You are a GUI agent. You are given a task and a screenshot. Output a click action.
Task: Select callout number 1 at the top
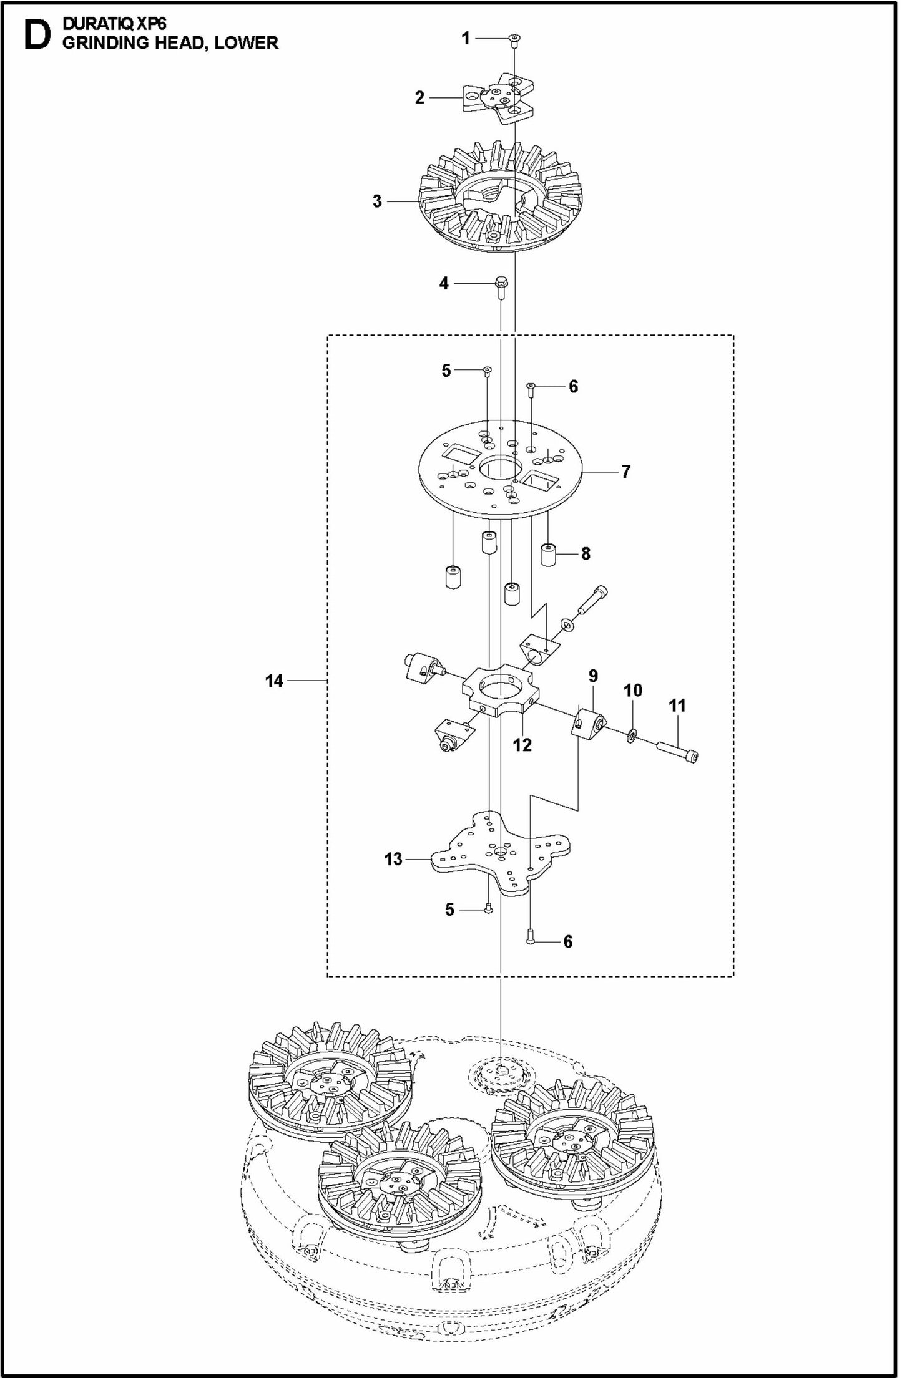tap(466, 39)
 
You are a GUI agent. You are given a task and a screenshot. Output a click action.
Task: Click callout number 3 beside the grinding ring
tap(377, 201)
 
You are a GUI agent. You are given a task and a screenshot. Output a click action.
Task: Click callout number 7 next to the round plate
tap(625, 472)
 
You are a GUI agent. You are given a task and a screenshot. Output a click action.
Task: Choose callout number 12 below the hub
tap(522, 745)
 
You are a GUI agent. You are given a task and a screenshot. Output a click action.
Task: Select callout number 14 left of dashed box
tap(274, 681)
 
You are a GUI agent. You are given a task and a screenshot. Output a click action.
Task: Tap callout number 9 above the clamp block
tap(593, 676)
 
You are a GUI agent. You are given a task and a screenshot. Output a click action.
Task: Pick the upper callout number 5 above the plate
tap(446, 371)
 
